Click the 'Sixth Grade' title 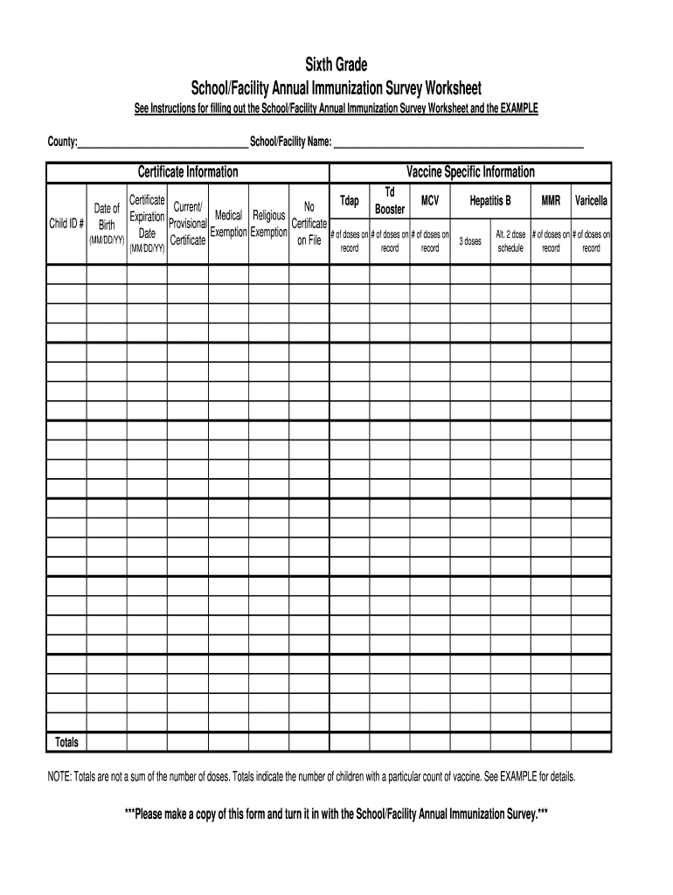click(x=336, y=65)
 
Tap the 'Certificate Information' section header click(x=188, y=172)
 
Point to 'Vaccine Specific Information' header click(x=470, y=172)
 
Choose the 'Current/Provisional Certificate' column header click(x=188, y=224)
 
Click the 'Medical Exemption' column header click(x=228, y=224)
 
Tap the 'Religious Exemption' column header click(x=268, y=224)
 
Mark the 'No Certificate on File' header click(x=309, y=224)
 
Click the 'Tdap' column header click(x=349, y=202)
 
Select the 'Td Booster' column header click(x=390, y=202)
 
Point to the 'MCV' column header click(x=430, y=202)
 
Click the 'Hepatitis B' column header click(x=490, y=202)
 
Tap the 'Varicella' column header click(x=591, y=202)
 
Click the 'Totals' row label click(x=66, y=743)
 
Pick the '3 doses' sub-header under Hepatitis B click(x=470, y=241)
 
